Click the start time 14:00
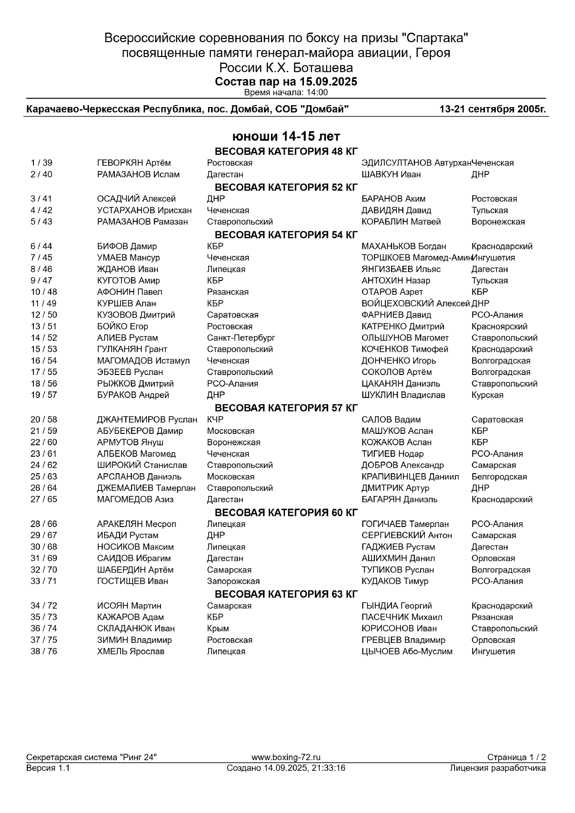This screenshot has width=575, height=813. [x=317, y=92]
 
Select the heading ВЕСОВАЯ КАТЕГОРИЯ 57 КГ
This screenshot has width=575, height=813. [x=286, y=408]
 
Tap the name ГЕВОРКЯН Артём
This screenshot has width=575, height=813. [x=134, y=163]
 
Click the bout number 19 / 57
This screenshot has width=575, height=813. [x=44, y=395]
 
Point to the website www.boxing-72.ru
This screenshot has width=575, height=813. [x=286, y=757]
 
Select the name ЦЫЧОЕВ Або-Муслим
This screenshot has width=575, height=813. [x=407, y=651]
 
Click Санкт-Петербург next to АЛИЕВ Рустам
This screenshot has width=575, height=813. [x=241, y=338]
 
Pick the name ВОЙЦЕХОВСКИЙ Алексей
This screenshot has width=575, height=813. [x=416, y=304]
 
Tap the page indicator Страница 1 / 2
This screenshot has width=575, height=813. [x=516, y=757]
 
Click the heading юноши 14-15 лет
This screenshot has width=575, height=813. [x=286, y=137]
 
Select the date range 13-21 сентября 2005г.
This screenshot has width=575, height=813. [x=493, y=110]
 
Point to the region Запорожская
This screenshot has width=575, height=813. [x=233, y=581]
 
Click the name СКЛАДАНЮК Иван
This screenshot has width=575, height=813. [x=136, y=629]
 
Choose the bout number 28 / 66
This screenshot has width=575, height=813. [x=44, y=524]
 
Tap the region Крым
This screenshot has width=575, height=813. [x=218, y=629]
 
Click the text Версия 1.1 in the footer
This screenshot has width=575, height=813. [x=48, y=768]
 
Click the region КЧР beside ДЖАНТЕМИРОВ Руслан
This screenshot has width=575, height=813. [x=215, y=419]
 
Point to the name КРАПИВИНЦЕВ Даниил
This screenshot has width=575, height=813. [x=410, y=476]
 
